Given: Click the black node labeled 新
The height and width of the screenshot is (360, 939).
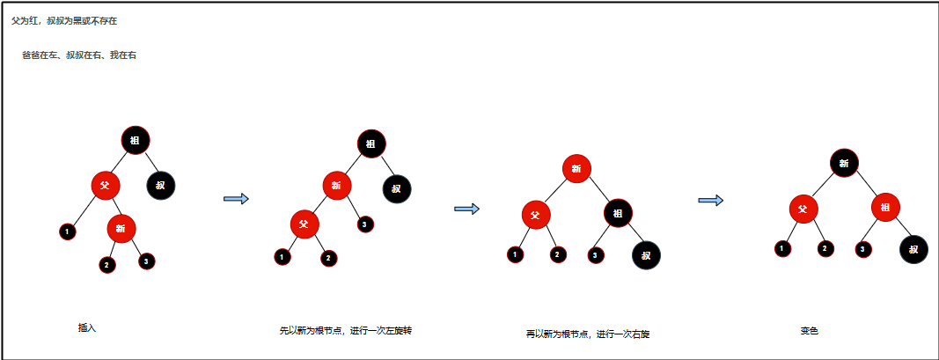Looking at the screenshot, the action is click(844, 162).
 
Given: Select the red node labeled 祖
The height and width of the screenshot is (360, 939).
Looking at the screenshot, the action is click(885, 208).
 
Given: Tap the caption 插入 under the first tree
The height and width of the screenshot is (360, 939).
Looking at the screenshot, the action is click(87, 328).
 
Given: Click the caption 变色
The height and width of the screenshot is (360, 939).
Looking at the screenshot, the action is click(810, 331).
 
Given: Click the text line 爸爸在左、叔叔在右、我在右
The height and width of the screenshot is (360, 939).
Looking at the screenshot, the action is click(78, 55).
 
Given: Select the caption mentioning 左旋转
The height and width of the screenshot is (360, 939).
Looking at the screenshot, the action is click(346, 331).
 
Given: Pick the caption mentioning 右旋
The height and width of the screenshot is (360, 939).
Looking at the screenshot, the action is click(587, 334).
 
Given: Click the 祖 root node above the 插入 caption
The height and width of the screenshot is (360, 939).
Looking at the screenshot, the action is click(136, 140).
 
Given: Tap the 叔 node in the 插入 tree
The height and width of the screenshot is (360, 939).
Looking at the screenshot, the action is click(160, 185).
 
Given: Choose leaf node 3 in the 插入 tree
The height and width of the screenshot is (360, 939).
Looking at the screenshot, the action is click(146, 261).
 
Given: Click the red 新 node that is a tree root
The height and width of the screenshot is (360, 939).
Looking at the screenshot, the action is click(576, 168).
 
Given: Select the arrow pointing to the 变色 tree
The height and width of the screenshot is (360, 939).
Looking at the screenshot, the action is click(710, 201).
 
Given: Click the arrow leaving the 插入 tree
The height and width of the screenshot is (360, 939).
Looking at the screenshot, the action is click(236, 199).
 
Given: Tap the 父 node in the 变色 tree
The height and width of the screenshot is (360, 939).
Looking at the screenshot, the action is click(802, 209).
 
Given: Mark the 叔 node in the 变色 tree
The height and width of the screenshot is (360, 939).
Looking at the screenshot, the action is click(913, 249).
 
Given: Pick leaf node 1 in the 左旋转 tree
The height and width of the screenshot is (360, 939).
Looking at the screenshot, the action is click(282, 257).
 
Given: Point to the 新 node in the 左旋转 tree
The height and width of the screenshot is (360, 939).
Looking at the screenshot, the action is click(336, 186).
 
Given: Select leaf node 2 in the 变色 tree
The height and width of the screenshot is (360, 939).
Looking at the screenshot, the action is click(825, 248).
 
